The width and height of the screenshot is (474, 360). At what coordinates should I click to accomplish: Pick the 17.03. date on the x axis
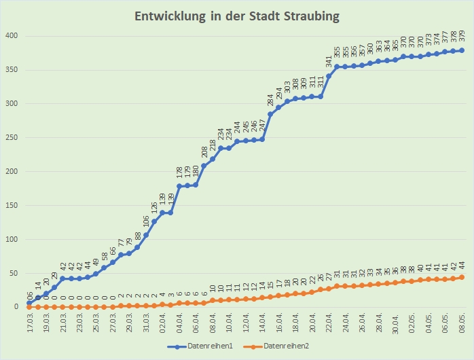[30, 323]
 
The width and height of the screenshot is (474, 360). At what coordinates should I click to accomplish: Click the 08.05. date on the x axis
[462, 323]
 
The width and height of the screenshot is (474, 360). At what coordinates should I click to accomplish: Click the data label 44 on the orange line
[462, 266]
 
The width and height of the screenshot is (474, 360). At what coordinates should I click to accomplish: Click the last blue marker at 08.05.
[462, 50]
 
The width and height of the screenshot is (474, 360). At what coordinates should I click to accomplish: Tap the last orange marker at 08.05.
[462, 277]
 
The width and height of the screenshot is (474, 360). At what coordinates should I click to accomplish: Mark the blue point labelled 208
[204, 166]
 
